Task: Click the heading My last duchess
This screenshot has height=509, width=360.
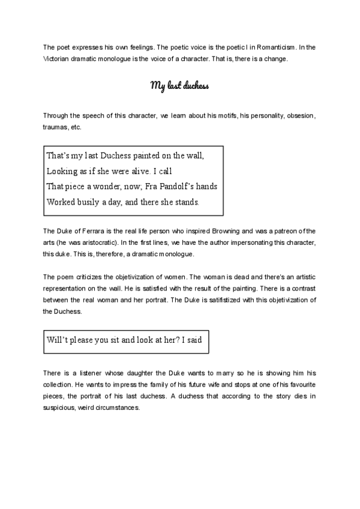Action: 179,86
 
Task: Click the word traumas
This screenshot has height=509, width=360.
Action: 56,127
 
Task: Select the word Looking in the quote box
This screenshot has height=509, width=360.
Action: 63,170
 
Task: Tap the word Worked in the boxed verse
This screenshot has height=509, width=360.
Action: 63,202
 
